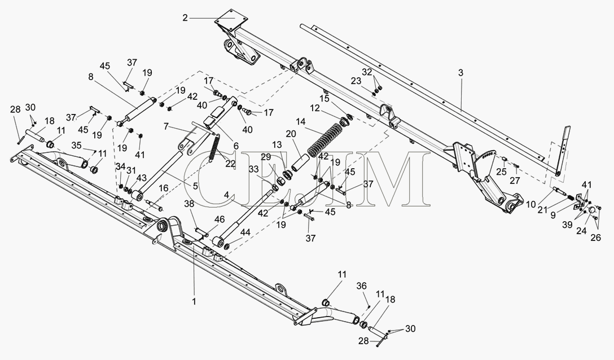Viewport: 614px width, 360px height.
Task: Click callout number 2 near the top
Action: pyautogui.click(x=185, y=18)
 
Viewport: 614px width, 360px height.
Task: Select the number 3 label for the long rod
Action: pyautogui.click(x=461, y=73)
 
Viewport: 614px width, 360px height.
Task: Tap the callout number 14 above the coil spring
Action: pyautogui.click(x=300, y=122)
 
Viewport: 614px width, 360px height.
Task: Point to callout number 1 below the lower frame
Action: pyautogui.click(x=194, y=301)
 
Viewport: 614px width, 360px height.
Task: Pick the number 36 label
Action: pyautogui.click(x=361, y=286)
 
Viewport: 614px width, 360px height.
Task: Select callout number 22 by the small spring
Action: pyautogui.click(x=230, y=164)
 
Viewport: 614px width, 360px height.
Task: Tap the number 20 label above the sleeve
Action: pyautogui.click(x=291, y=134)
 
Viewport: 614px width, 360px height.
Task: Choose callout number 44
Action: pyautogui.click(x=245, y=232)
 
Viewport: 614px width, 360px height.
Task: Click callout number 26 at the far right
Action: pyautogui.click(x=595, y=238)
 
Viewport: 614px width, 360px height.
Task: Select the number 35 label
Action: pyautogui.click(x=76, y=146)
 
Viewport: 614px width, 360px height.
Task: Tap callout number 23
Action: pyautogui.click(x=356, y=81)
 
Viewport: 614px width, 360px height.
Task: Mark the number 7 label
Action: pyautogui.click(x=166, y=126)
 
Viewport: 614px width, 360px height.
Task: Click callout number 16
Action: pyautogui.click(x=163, y=188)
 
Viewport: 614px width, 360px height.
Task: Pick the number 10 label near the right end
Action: pyautogui.click(x=530, y=204)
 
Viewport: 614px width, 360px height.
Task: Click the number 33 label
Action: pyautogui.click(x=253, y=169)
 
